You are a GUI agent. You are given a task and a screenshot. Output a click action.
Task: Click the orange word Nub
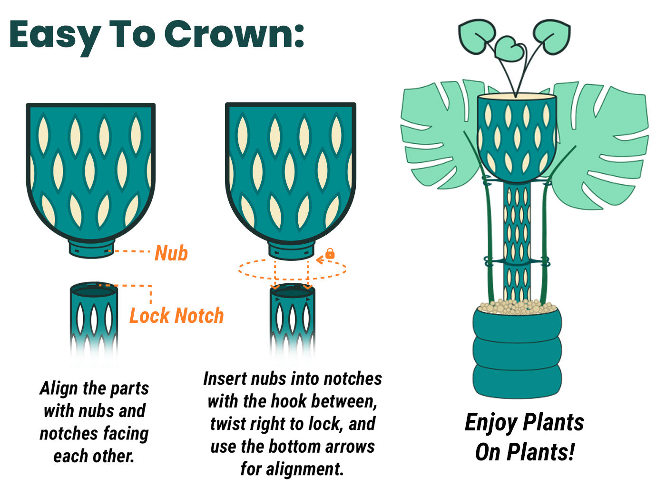tap(171, 253)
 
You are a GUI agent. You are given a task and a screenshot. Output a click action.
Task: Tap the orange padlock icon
tap(330, 253)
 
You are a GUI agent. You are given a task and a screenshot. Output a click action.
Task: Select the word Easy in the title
tap(55, 38)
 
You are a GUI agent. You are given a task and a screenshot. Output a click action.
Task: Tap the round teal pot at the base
tap(517, 353)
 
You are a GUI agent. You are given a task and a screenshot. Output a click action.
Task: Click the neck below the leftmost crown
tap(91, 249)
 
